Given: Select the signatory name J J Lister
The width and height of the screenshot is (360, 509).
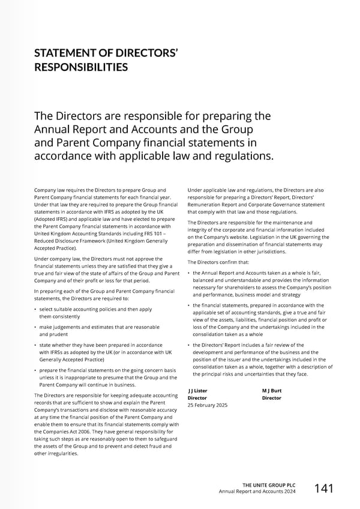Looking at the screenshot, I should click(x=198, y=391).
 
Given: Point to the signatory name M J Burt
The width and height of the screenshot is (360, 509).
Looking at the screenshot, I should click(x=272, y=391).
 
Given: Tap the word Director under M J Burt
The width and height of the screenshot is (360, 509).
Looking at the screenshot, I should click(x=272, y=398).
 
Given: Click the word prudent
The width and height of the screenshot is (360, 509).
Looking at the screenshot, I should click(x=54, y=334).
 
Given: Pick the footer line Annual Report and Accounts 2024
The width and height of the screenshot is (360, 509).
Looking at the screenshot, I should click(x=258, y=492).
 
